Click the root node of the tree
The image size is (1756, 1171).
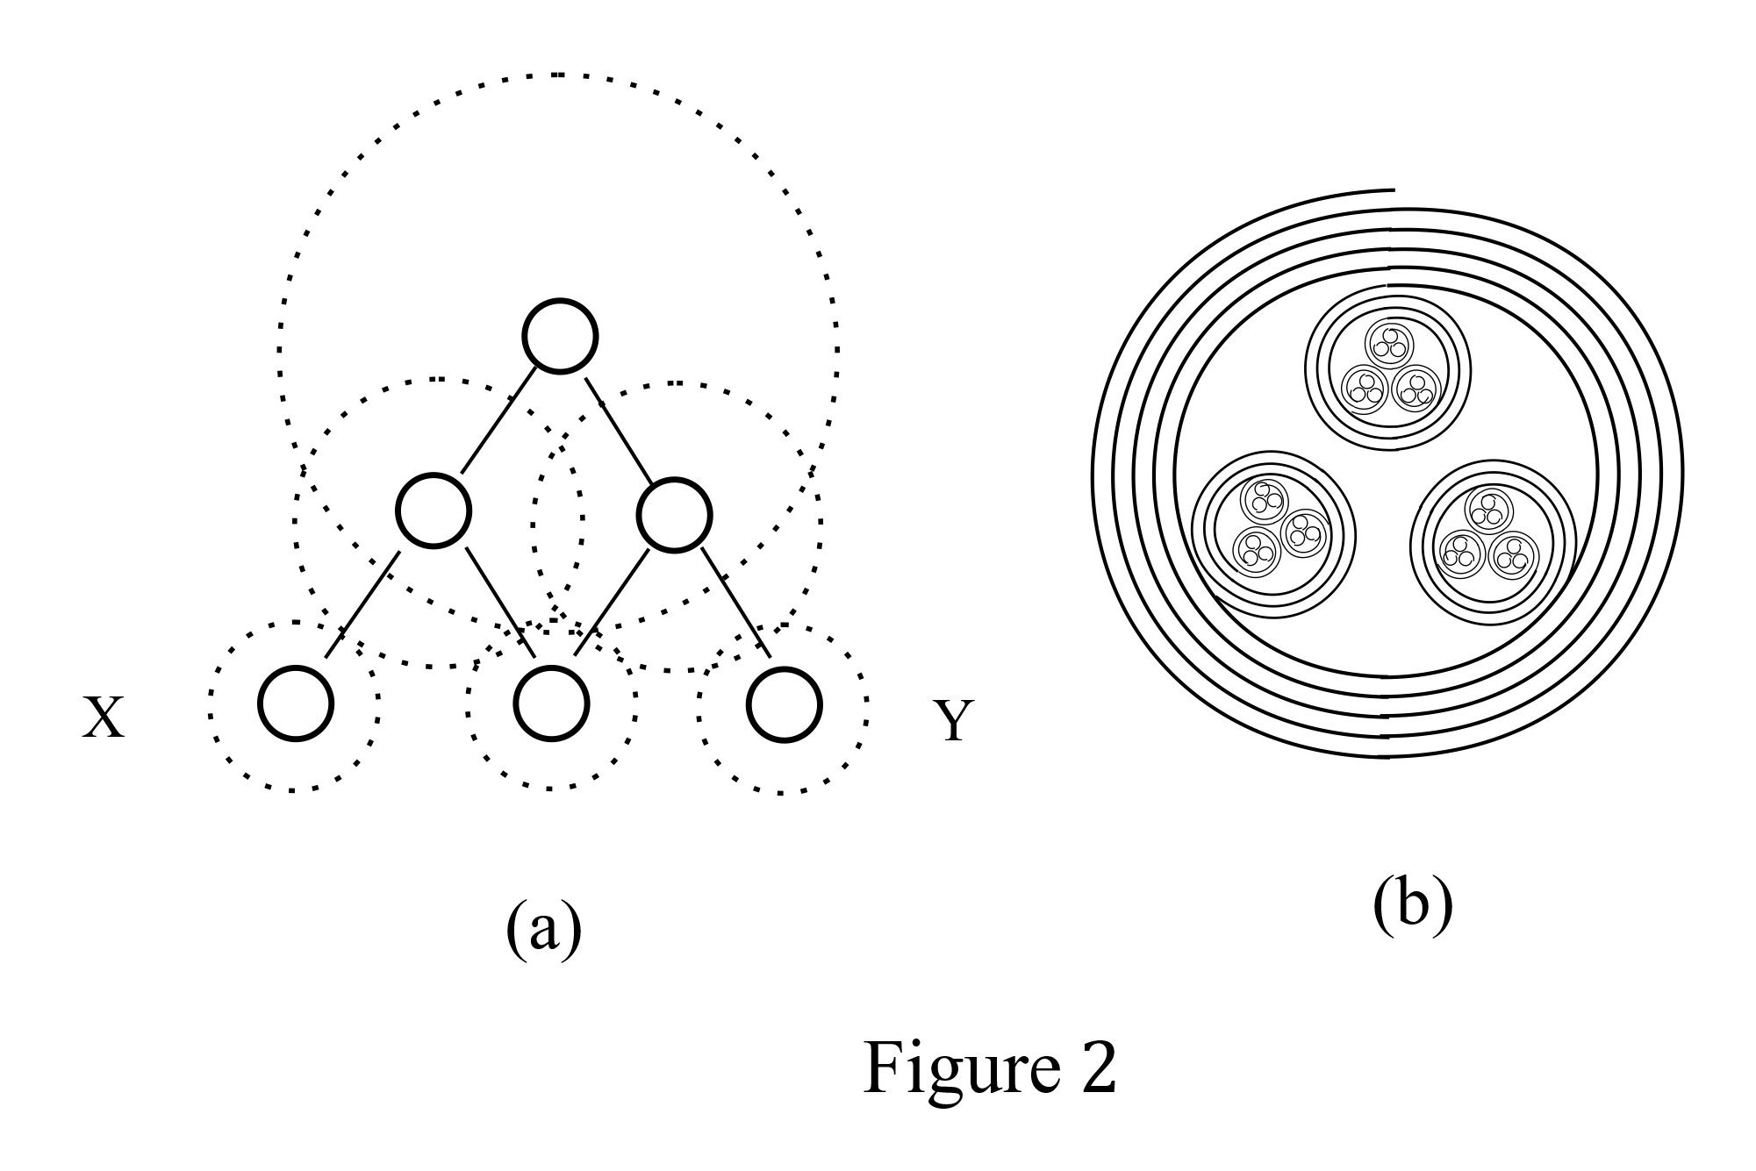click(561, 336)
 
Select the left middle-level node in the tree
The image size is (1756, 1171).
click(434, 511)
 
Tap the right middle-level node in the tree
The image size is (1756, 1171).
click(674, 515)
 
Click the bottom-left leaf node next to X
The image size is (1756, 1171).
click(297, 703)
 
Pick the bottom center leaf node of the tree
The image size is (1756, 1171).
click(551, 703)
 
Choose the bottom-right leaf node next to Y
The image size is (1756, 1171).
click(785, 703)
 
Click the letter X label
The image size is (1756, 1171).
click(104, 719)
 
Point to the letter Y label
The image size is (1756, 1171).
click(953, 722)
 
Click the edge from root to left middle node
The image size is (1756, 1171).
click(498, 421)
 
